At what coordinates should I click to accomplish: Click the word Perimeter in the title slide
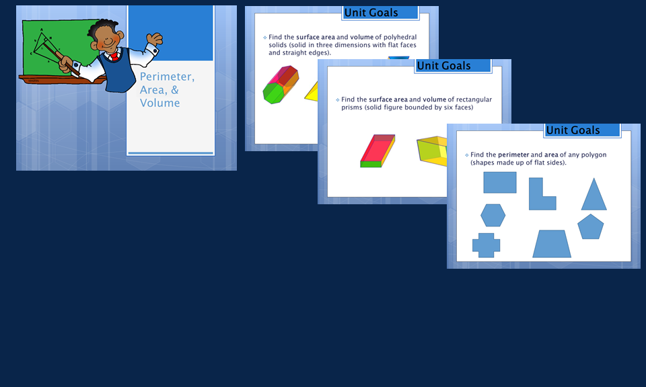pos(167,77)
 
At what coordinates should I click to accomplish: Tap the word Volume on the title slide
pos(160,103)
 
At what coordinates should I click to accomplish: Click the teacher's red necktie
pos(114,56)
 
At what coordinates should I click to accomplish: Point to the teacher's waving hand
pos(155,39)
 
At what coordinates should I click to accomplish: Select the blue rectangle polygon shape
pos(500,182)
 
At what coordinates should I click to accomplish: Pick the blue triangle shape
pos(594,194)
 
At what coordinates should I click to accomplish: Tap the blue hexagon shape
pos(493,215)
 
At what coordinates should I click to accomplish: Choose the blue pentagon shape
pos(590,226)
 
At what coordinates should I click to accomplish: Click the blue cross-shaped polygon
pos(486,245)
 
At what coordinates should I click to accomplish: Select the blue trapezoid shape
pos(552,244)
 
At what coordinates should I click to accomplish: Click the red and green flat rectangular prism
pos(378,151)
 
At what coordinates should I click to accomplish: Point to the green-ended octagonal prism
pos(281,85)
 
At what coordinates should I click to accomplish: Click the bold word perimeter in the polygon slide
pos(513,155)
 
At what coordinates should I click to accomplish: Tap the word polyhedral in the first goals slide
pos(400,37)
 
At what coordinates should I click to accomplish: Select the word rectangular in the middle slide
pos(474,99)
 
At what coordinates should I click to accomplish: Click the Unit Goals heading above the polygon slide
pos(573,130)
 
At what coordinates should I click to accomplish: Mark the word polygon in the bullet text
pos(594,155)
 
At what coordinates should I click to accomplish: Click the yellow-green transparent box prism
pos(432,151)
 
